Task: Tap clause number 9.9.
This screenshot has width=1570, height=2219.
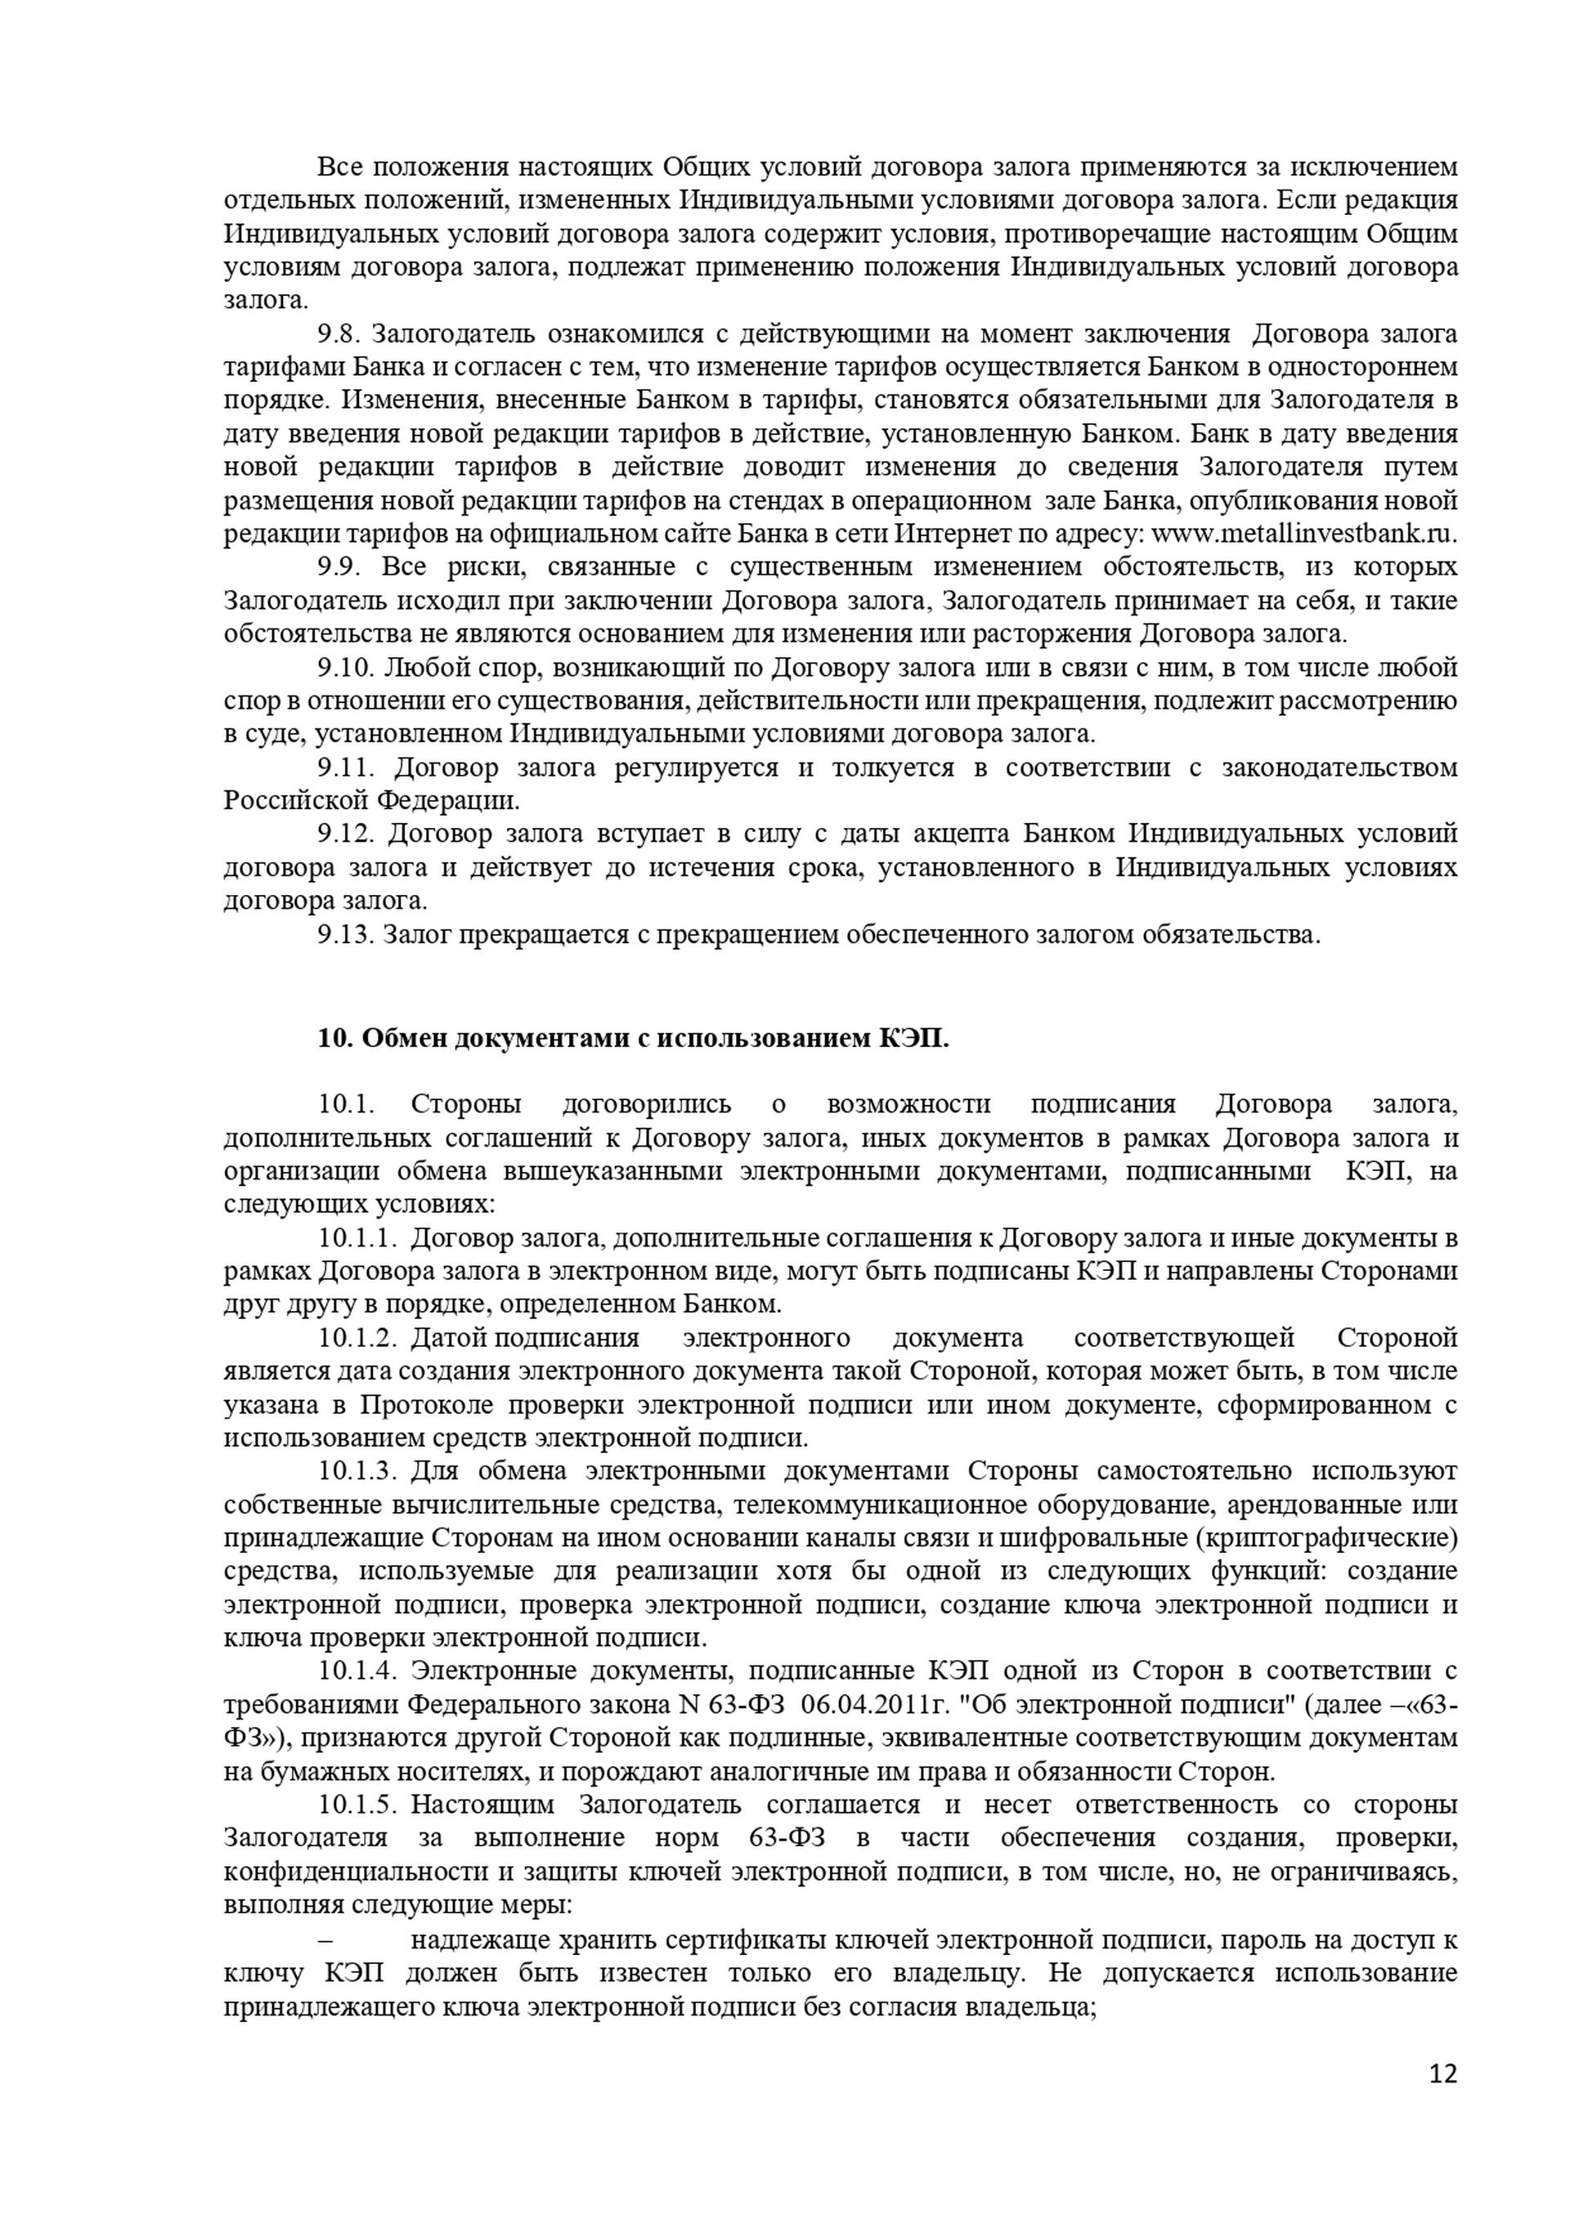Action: coord(339,566)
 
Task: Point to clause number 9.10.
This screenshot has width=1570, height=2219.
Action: coord(344,667)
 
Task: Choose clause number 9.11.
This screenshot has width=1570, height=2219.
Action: coord(344,767)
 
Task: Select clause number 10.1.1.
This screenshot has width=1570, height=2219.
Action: coord(357,1237)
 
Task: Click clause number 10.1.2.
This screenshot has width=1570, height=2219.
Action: coord(357,1338)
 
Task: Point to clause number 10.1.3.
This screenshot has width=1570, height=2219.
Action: coord(357,1471)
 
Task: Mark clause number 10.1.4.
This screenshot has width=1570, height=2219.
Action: coord(357,1670)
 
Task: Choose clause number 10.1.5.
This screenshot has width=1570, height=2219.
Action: coord(357,1804)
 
